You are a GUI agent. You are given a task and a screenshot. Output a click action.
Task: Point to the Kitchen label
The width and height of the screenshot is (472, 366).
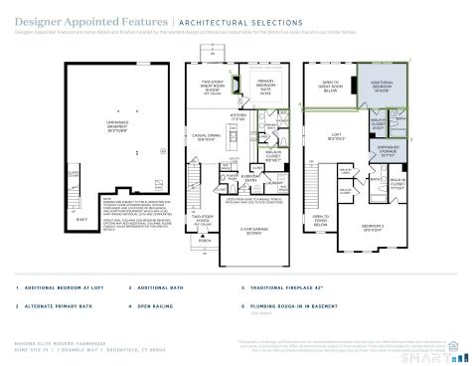coord(238,117)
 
